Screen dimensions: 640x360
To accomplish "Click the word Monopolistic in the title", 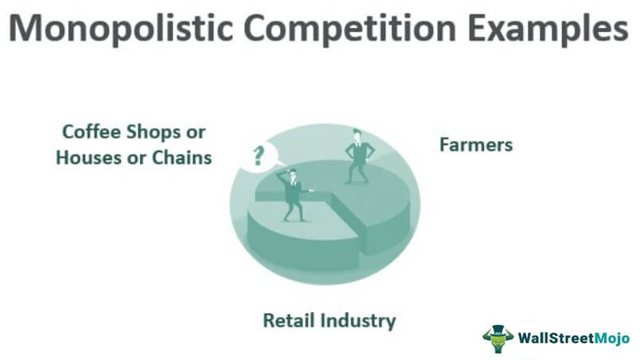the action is tap(121, 29).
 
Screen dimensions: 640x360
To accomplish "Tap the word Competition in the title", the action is tap(349, 29).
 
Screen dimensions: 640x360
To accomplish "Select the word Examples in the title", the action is tap(548, 29).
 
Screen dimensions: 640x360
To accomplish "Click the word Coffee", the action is tap(91, 132).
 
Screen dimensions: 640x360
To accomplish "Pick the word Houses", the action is tap(88, 158).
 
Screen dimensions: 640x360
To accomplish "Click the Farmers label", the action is tap(476, 145).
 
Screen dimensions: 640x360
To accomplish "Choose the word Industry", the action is tap(357, 321).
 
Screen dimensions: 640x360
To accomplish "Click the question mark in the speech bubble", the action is tap(258, 156).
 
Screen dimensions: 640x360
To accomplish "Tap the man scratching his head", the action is tap(293, 195).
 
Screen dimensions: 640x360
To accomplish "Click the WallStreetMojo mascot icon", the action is tap(498, 338).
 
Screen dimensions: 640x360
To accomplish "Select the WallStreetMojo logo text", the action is tap(574, 338).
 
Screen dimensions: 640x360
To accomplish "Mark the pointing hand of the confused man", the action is tap(311, 190).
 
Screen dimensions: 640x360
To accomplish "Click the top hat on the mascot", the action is tap(498, 329).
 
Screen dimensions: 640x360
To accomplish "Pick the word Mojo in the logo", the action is tap(612, 338).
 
